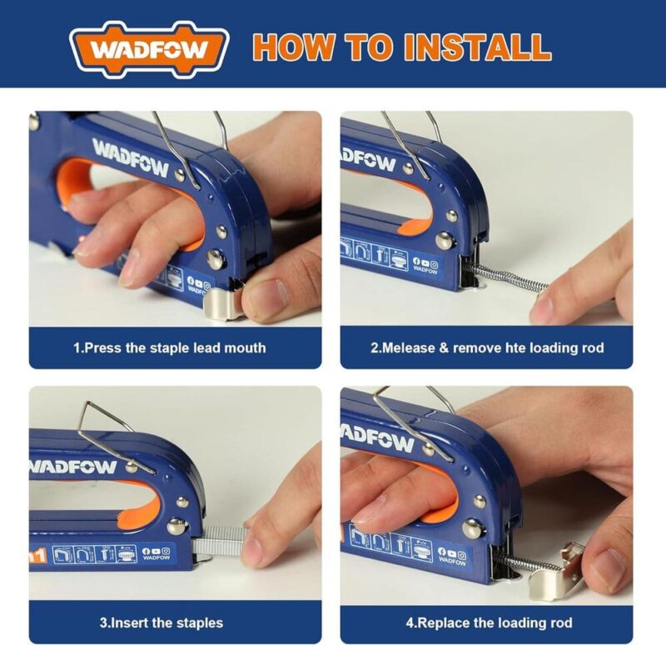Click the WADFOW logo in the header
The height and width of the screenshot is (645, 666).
tap(149, 47)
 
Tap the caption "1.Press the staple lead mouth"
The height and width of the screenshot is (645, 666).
tap(169, 347)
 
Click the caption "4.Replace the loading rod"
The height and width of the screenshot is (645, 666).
tap(489, 622)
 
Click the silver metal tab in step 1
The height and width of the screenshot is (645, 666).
tap(222, 301)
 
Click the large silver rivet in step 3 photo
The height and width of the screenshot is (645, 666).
tap(176, 526)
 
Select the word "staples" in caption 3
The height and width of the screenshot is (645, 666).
tap(201, 622)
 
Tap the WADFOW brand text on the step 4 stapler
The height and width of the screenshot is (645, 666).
tap(379, 437)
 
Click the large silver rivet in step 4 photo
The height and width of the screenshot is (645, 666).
tap(473, 527)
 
